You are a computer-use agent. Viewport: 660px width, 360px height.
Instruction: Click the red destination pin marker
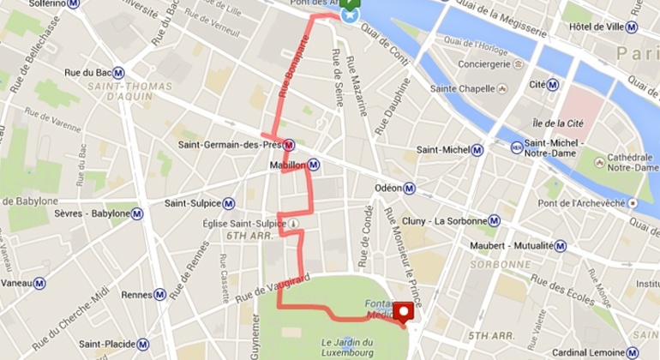coord(402,312)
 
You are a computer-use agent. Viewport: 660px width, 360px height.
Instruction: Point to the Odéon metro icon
coord(411,189)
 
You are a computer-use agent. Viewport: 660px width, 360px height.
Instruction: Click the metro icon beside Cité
coord(553,85)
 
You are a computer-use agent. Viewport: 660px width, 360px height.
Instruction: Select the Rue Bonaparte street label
coord(292,87)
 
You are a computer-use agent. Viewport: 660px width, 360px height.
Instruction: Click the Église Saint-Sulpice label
coord(249,224)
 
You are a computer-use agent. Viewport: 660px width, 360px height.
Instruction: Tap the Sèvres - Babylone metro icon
coord(137,213)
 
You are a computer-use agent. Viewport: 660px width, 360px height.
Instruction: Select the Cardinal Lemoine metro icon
coord(633,351)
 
